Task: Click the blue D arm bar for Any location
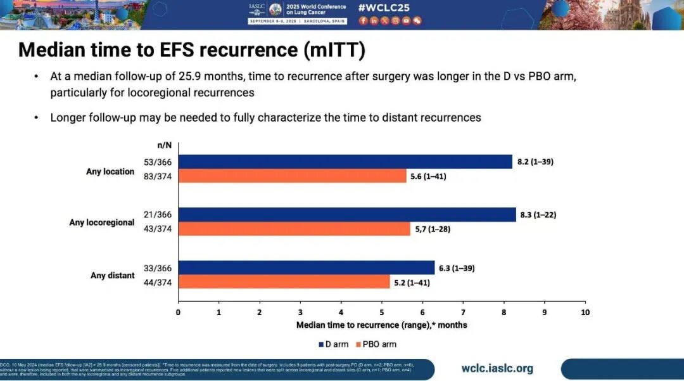pyautogui.click(x=345, y=162)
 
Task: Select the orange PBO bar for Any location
pyautogui.click(x=292, y=176)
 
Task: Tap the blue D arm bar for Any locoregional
pyautogui.click(x=346, y=215)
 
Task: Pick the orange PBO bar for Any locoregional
pyautogui.click(x=294, y=229)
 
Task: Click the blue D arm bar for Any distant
pyautogui.click(x=306, y=268)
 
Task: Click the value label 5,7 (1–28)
pyautogui.click(x=432, y=229)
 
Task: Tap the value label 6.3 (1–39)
pyautogui.click(x=456, y=268)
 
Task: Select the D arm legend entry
pyautogui.click(x=334, y=344)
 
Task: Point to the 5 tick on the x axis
pyautogui.click(x=382, y=313)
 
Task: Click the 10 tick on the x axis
pyautogui.click(x=585, y=313)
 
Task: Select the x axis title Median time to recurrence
pyautogui.click(x=381, y=325)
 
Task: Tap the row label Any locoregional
pyautogui.click(x=101, y=223)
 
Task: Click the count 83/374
pyautogui.click(x=158, y=176)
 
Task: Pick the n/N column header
pyautogui.click(x=165, y=145)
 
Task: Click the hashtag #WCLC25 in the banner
pyautogui.click(x=384, y=8)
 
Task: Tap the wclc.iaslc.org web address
pyautogui.click(x=497, y=368)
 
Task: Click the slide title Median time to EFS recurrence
pyautogui.click(x=192, y=49)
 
